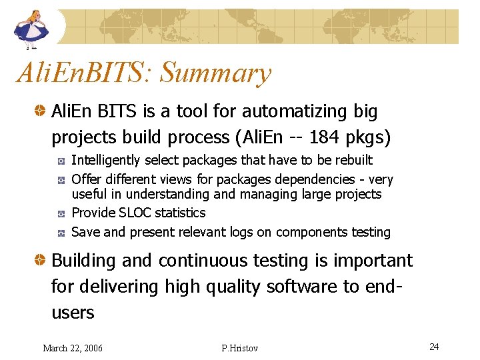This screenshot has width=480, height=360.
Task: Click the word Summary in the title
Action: (215, 73)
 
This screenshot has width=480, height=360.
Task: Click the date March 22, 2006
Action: (73, 348)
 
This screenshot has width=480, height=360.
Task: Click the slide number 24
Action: (434, 347)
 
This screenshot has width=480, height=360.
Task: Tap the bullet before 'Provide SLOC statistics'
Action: (61, 214)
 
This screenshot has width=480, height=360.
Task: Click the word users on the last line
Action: (73, 313)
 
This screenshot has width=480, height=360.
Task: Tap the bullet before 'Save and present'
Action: (61, 233)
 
